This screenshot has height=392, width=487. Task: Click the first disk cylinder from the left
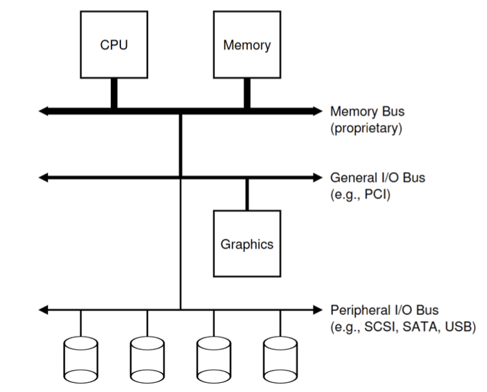click(x=80, y=360)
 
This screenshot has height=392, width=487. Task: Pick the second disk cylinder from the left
click(x=147, y=360)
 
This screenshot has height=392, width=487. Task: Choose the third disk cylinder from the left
click(x=214, y=360)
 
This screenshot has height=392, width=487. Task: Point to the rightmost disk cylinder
click(x=280, y=360)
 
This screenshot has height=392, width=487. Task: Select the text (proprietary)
click(x=366, y=128)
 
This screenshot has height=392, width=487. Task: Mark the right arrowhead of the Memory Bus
click(x=317, y=112)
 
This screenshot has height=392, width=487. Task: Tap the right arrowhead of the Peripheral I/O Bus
click(x=317, y=310)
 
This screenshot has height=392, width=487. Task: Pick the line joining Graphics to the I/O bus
click(x=247, y=193)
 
